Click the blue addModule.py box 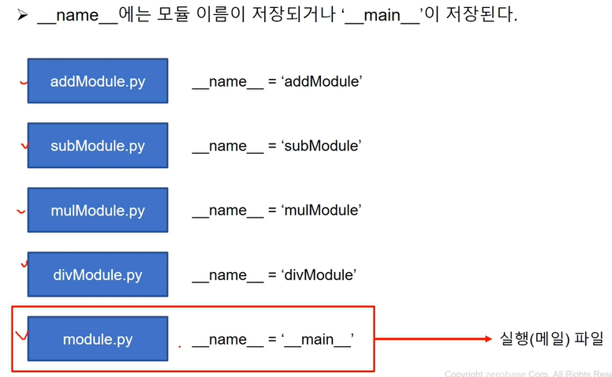98,81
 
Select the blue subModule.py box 98,146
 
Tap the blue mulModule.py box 98,211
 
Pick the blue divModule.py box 98,274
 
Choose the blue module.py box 98,339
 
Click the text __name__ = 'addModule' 277,81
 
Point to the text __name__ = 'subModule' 276,146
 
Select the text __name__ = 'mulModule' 276,211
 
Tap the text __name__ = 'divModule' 274,274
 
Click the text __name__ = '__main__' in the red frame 272,339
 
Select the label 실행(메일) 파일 551,339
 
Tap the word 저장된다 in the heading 480,16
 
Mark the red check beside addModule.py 24,81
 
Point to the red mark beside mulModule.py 21,211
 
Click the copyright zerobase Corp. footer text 528,373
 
